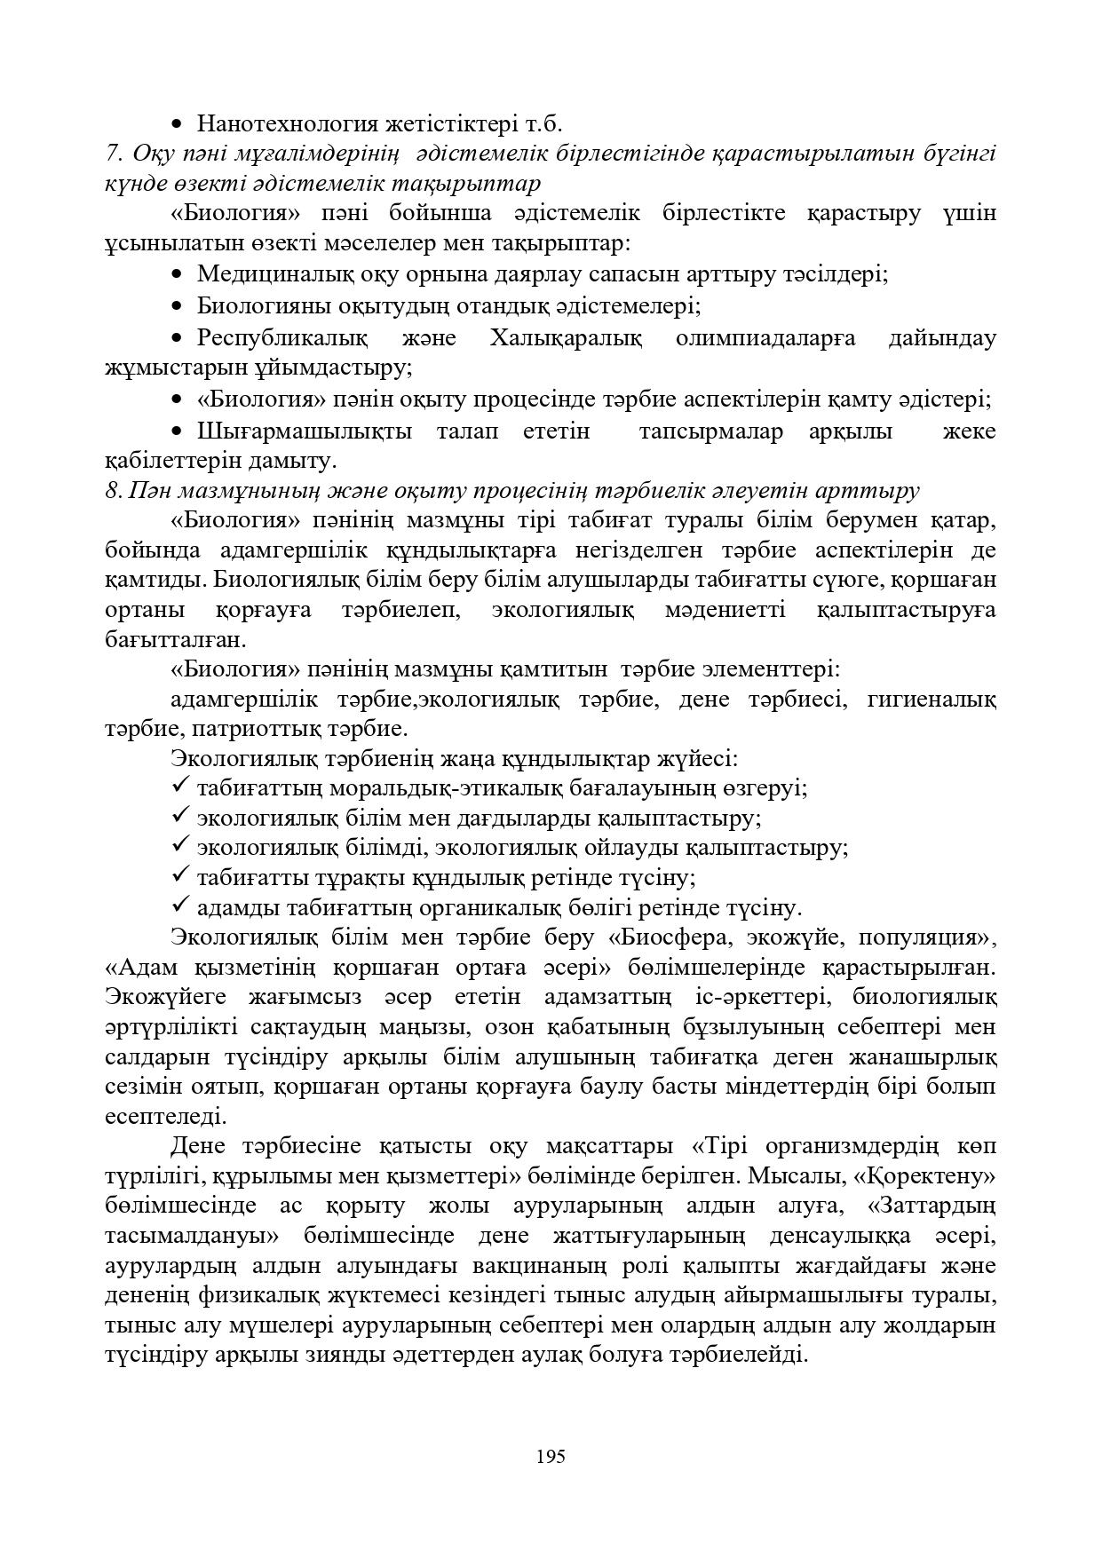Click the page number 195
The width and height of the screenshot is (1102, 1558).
click(x=551, y=1456)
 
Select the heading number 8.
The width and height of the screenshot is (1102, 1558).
click(x=113, y=490)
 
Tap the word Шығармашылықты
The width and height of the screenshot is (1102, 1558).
click(x=305, y=431)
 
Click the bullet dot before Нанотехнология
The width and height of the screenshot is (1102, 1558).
click(x=178, y=124)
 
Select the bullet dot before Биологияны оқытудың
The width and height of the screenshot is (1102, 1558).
click(x=178, y=306)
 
